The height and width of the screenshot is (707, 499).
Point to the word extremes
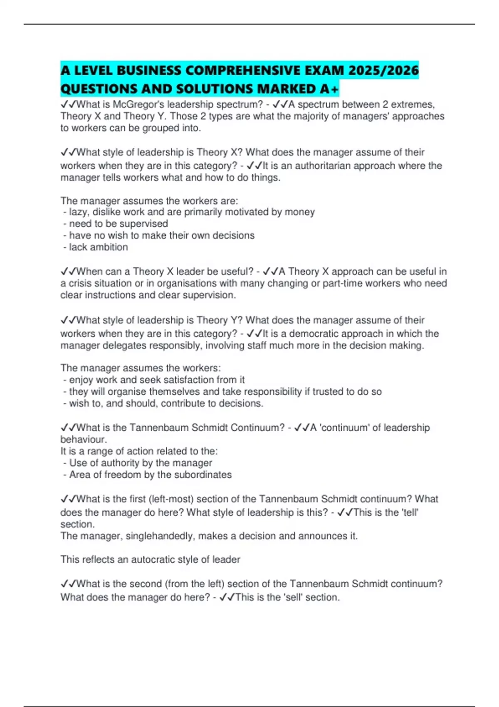[x=412, y=104]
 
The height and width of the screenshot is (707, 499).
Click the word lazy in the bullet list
[x=77, y=212]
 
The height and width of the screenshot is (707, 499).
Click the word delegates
[x=124, y=345]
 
